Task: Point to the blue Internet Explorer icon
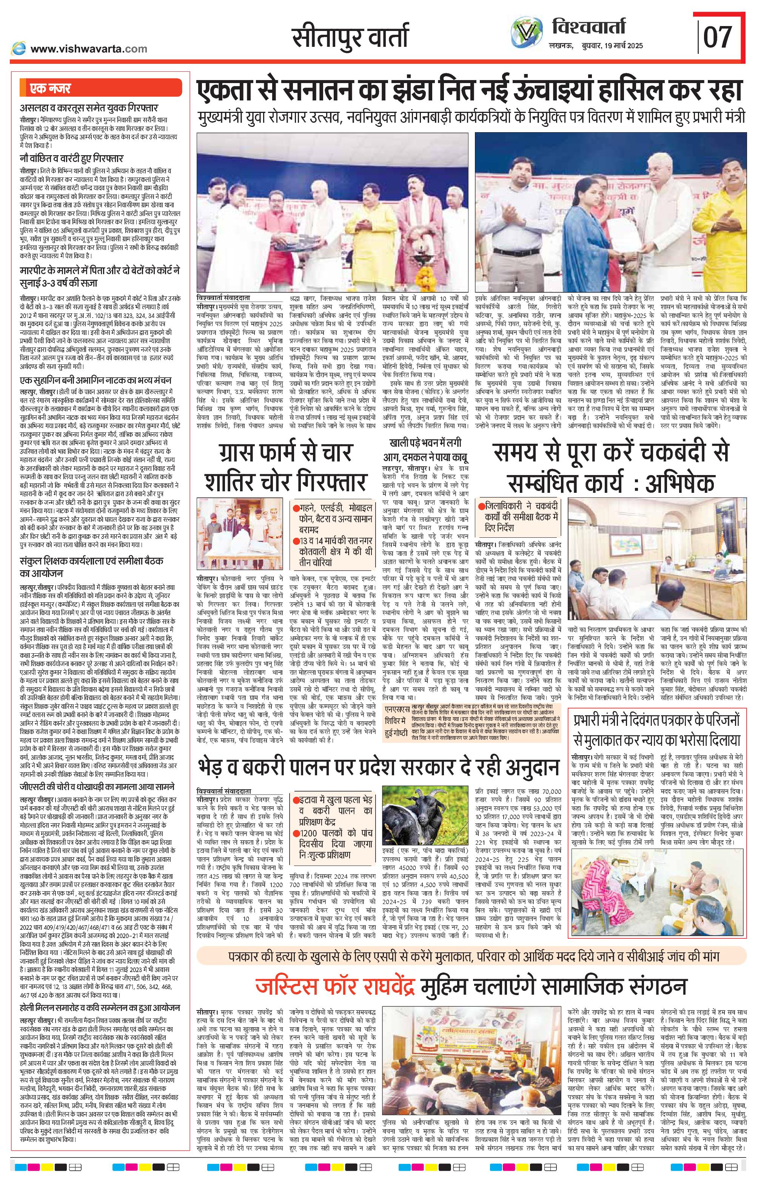(19, 48)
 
